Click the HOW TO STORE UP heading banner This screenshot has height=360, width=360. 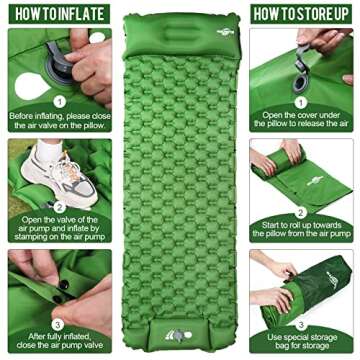304,13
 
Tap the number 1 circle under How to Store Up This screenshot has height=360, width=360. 300,101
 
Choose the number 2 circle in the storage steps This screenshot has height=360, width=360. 300,212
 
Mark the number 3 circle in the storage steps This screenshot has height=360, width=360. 300,322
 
